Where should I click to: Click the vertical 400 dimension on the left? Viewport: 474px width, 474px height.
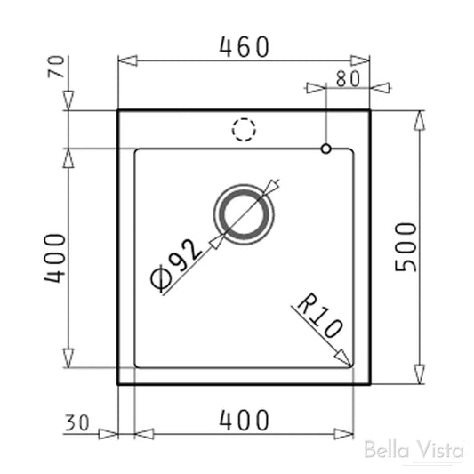[55, 258]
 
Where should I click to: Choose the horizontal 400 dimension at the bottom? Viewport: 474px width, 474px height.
[244, 421]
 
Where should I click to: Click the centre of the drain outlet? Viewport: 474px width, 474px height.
[244, 214]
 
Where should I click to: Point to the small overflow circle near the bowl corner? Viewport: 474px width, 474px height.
[327, 147]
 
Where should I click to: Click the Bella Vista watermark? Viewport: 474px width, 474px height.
[414, 450]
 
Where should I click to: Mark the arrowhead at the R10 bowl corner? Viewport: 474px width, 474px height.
[344, 358]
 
